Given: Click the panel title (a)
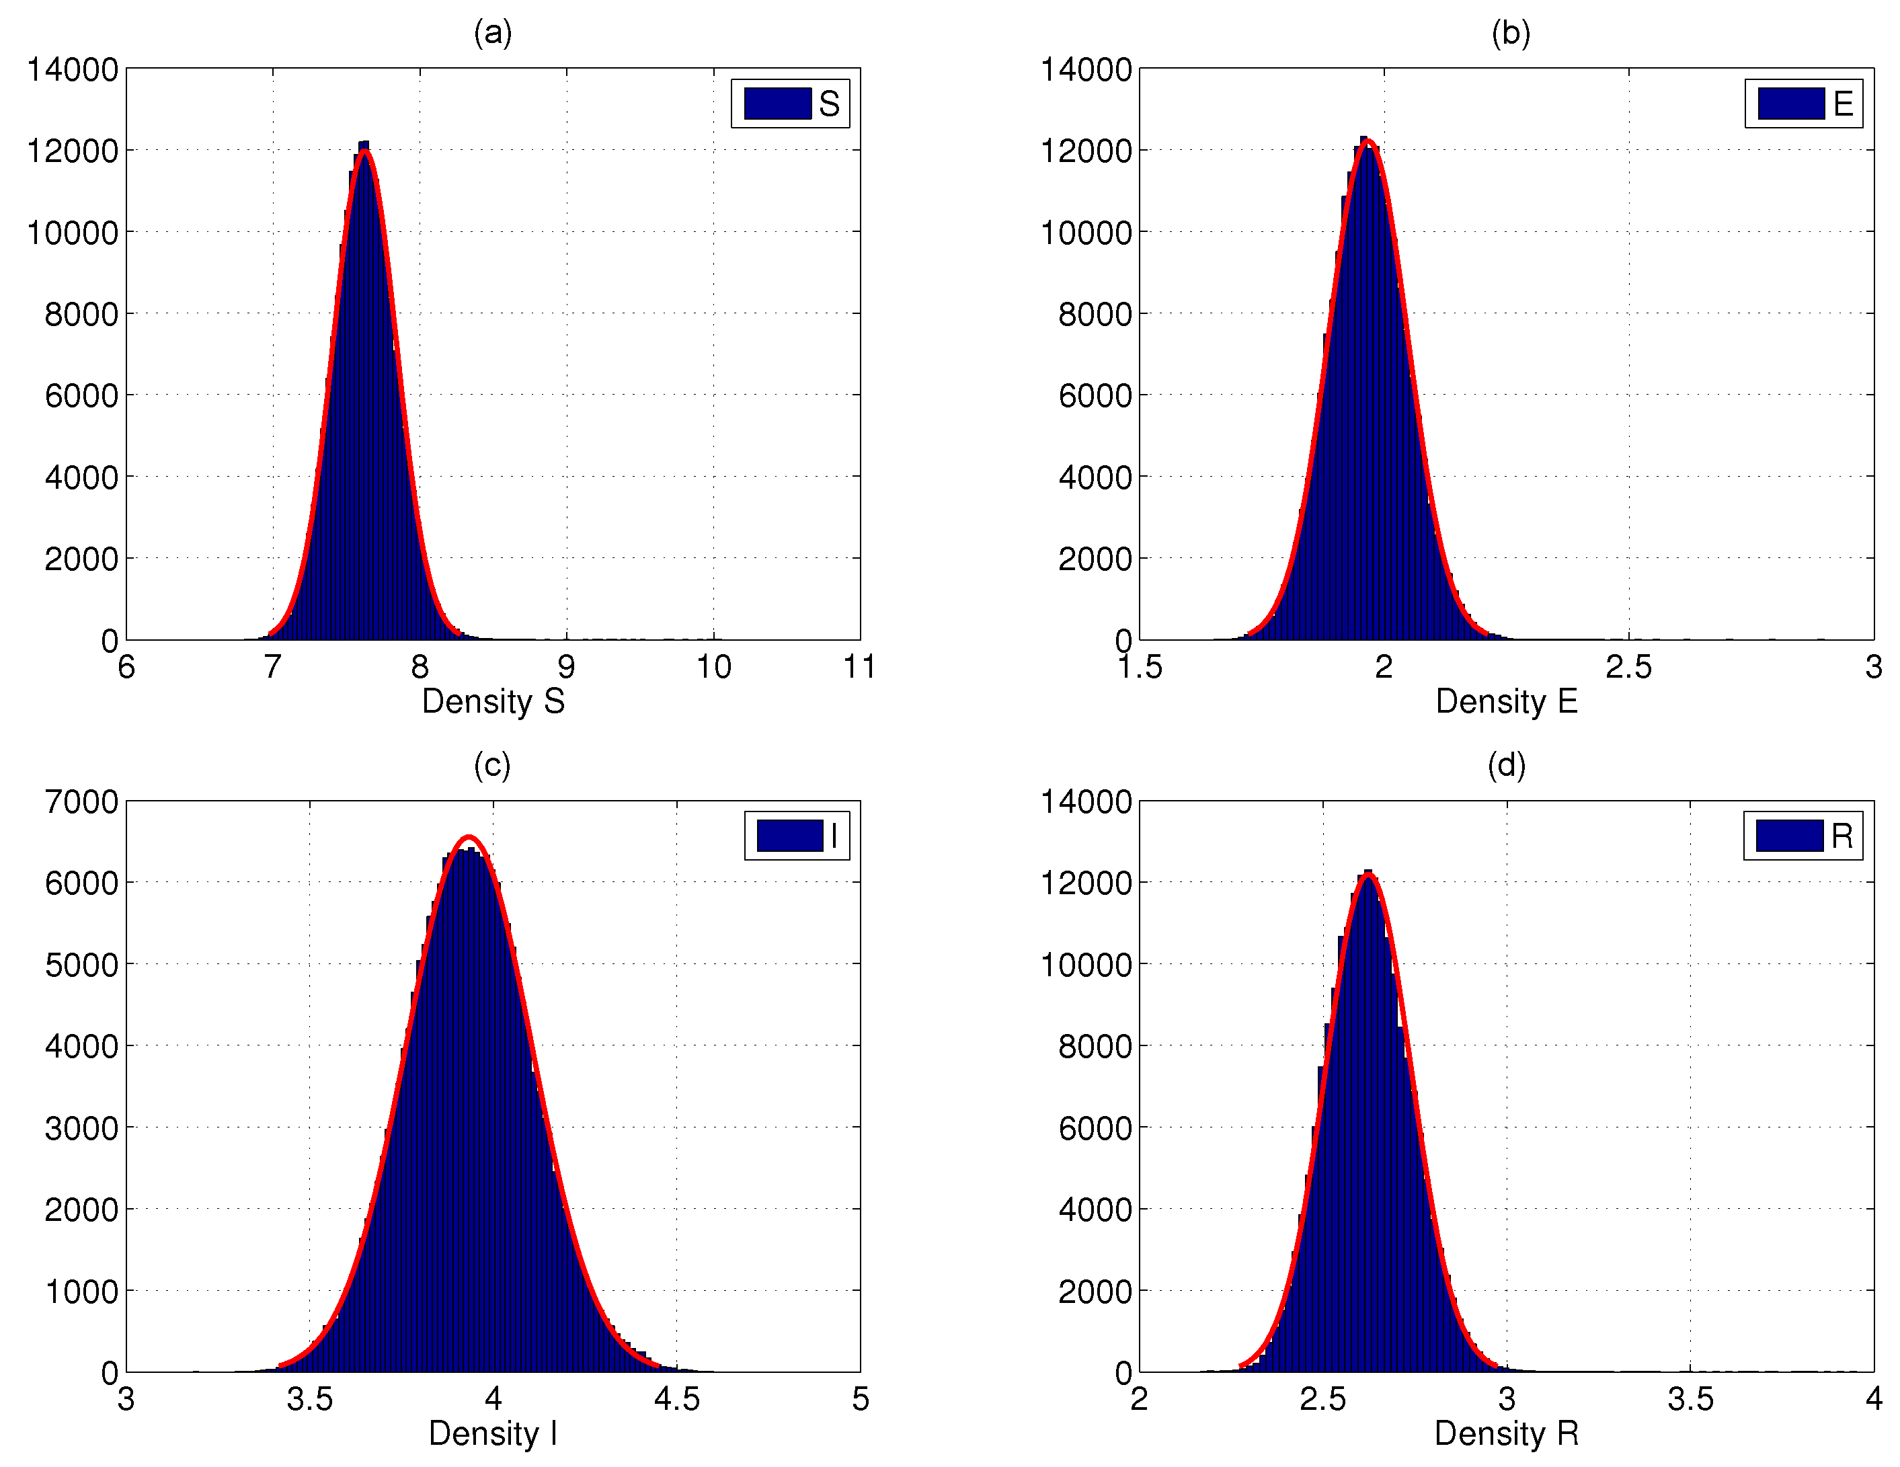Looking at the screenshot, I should [x=492, y=33].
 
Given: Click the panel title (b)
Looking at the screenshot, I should [x=1510, y=33].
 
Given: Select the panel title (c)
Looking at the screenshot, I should [x=492, y=766].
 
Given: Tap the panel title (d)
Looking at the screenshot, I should [x=1506, y=766].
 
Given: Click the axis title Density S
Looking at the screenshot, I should [x=493, y=701].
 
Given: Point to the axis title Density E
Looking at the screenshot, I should [x=1506, y=701].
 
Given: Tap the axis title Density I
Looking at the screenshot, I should [x=493, y=1434].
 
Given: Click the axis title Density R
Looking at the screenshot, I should [x=1506, y=1434].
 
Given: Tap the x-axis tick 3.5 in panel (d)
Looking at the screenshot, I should [x=1690, y=1400].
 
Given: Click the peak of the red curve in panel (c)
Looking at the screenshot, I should [x=469, y=836].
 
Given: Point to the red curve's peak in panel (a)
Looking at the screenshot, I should [x=365, y=151].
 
